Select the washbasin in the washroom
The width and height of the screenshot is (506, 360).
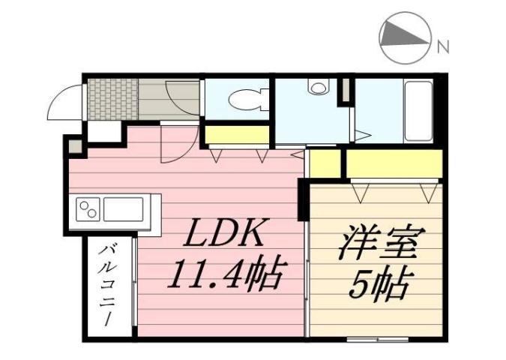(318, 88)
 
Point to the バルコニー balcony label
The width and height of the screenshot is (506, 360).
(109, 283)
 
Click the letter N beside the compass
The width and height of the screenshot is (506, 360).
(443, 46)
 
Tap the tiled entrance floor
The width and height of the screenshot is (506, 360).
(112, 97)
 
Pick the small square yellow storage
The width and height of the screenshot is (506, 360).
(325, 163)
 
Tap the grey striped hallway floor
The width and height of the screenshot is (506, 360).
(169, 97)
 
